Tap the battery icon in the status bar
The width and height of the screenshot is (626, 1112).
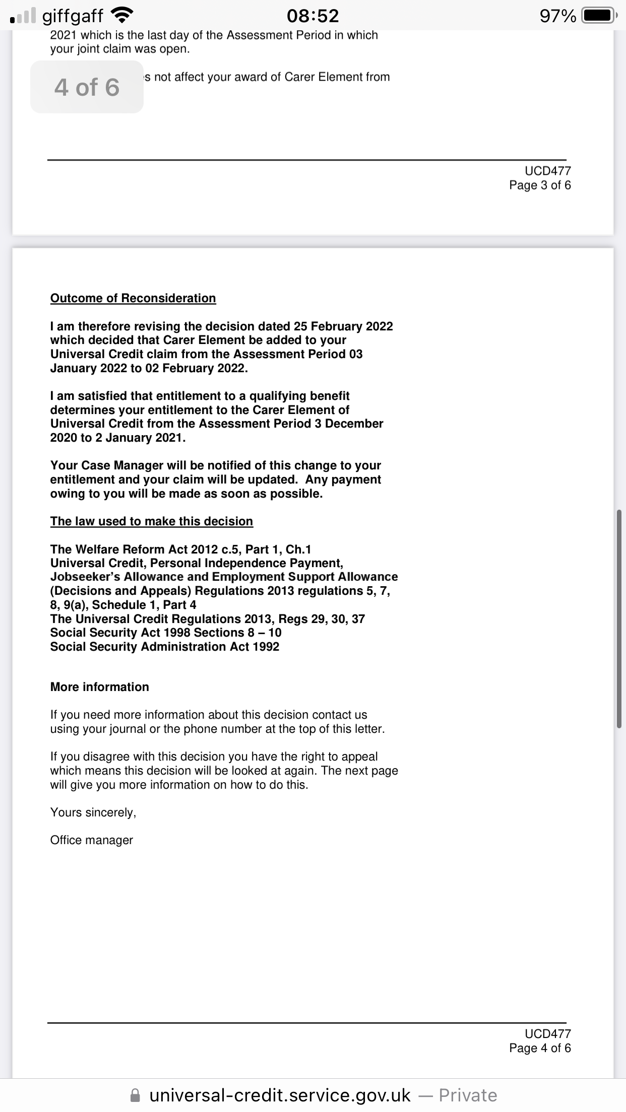(x=598, y=16)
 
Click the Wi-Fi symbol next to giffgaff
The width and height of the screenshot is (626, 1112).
(x=121, y=16)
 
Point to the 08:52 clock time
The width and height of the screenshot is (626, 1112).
(x=312, y=16)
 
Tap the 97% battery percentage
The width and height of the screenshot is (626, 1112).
(x=557, y=16)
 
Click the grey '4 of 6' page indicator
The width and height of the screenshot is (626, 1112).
(x=87, y=87)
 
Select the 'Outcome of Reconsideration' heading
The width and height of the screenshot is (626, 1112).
(x=133, y=298)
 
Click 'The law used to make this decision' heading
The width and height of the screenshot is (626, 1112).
(x=151, y=521)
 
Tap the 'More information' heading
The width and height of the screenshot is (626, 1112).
(x=99, y=687)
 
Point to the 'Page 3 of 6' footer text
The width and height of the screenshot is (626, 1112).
(x=540, y=185)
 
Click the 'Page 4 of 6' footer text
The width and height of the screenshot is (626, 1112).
(x=540, y=1048)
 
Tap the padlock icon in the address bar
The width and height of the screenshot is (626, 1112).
(x=135, y=1095)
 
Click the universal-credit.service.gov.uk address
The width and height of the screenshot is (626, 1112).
(x=280, y=1095)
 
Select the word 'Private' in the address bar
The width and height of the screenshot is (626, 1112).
(x=468, y=1095)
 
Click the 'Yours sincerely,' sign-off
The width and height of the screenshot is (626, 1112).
(x=93, y=812)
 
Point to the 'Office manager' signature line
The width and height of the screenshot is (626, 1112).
(x=91, y=840)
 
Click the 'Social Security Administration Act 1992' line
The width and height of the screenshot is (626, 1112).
(x=164, y=647)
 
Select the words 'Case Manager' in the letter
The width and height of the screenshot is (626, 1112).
(x=122, y=465)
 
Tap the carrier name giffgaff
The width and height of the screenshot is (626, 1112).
(x=73, y=16)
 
